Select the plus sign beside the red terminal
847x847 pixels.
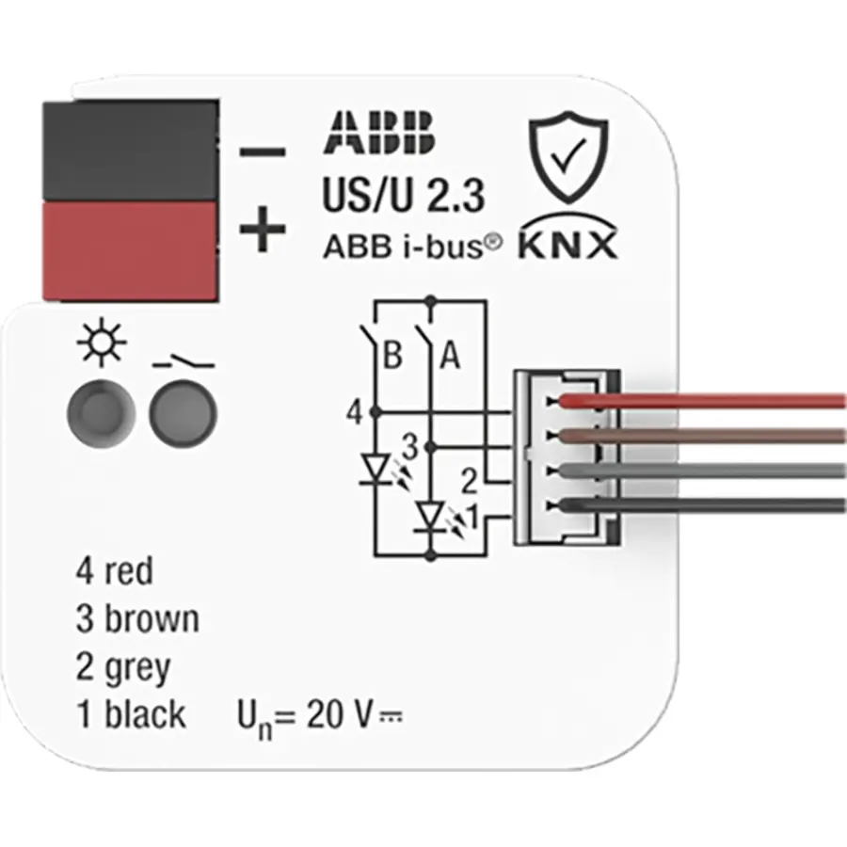coord(261,232)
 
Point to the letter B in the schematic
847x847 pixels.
coord(393,356)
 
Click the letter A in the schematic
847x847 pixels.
coord(450,356)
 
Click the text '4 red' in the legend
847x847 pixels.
coord(115,570)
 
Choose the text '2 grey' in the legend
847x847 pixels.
coord(123,667)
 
